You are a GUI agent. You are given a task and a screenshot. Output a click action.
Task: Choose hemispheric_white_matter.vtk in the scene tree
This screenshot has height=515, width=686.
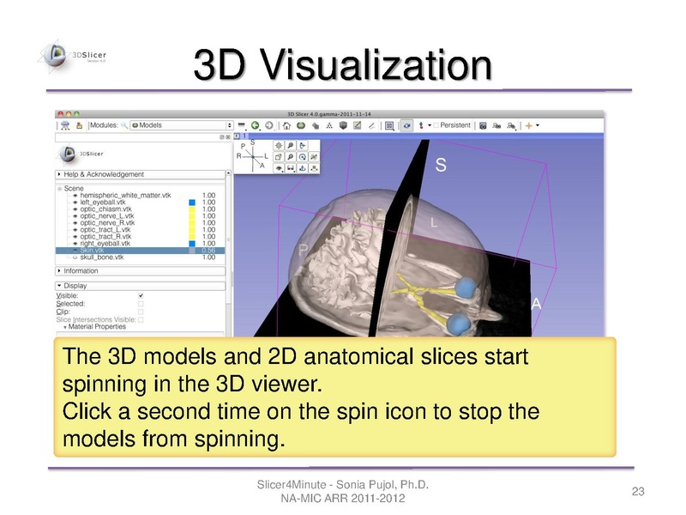pos(125,195)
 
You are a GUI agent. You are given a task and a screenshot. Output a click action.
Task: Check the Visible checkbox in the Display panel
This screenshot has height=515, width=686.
pos(141,295)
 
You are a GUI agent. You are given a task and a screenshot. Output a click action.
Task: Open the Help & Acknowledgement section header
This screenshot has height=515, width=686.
pos(98,173)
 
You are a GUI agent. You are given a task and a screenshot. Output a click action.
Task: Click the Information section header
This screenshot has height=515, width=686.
pos(81,271)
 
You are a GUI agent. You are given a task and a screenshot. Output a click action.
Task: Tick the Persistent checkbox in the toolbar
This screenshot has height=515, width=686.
pos(436,125)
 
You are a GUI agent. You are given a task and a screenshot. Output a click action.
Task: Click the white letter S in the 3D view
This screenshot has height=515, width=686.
pos(441,167)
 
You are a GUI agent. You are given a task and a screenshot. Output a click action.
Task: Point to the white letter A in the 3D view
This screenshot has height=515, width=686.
pos(537,304)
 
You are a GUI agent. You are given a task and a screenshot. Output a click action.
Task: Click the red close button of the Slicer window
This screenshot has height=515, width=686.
pos(59,112)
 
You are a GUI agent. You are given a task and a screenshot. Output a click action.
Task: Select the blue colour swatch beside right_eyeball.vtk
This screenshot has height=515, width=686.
pos(193,243)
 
